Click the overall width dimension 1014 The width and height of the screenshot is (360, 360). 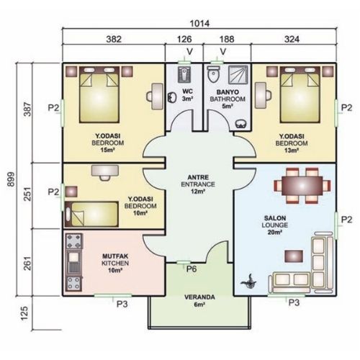(x=199, y=24)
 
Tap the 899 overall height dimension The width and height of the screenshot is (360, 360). (x=11, y=179)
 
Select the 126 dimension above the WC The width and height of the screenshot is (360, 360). (x=184, y=39)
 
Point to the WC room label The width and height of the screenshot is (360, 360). (x=187, y=91)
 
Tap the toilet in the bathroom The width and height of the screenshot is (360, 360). (x=213, y=74)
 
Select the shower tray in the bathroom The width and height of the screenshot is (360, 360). (x=238, y=75)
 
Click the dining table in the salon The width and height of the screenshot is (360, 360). (x=302, y=186)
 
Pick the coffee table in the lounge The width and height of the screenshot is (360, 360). (x=294, y=256)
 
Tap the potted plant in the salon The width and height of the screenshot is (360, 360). (x=250, y=282)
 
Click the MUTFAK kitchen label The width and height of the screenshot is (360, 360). (x=115, y=256)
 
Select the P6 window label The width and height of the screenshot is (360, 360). (x=192, y=269)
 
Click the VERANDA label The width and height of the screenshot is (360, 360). (x=199, y=297)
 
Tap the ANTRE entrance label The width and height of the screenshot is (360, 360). (x=198, y=177)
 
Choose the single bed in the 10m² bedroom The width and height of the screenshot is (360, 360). (x=91, y=215)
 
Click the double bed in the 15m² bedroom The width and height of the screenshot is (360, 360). (x=99, y=95)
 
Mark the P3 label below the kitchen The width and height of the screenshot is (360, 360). (x=122, y=304)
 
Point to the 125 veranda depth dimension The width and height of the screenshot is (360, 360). (x=24, y=313)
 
